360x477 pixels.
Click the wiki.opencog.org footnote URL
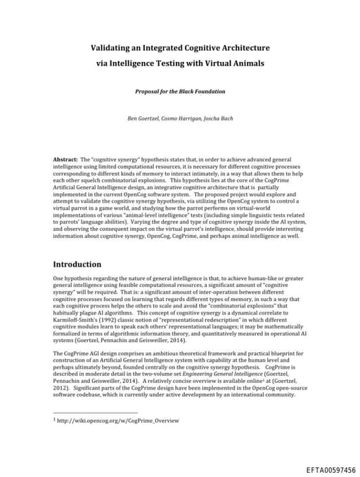tap(119, 421)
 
